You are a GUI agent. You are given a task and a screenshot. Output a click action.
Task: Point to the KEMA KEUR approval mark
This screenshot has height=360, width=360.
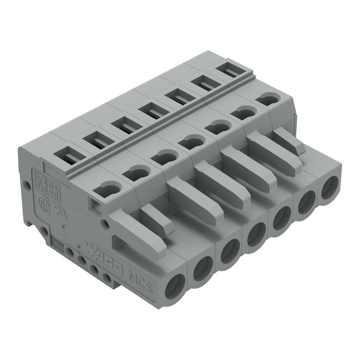tap(46, 185)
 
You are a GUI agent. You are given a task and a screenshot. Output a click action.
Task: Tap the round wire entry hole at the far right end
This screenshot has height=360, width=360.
tap(329, 187)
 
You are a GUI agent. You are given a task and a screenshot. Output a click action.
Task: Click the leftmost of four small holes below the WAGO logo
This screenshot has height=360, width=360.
tap(70, 252)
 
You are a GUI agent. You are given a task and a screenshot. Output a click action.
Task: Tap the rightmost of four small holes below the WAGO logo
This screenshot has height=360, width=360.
tap(107, 279)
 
